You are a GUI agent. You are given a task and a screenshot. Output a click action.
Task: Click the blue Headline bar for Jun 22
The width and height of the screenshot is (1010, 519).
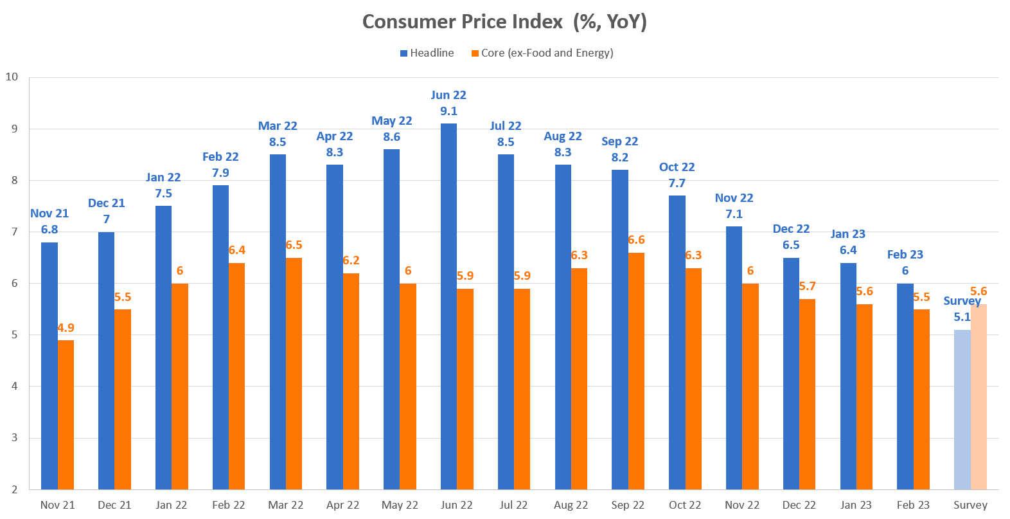click(x=448, y=306)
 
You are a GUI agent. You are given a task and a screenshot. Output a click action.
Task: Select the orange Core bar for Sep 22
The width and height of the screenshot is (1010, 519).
click(x=636, y=371)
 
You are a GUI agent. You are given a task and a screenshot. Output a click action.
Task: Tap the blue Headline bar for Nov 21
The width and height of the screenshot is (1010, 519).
click(x=49, y=366)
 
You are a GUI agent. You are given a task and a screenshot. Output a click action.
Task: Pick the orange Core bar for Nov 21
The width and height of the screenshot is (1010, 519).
click(x=66, y=415)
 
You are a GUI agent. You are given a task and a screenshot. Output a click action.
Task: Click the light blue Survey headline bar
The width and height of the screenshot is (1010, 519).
click(x=962, y=410)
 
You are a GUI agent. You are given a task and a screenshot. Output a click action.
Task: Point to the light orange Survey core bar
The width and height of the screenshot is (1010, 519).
click(x=979, y=397)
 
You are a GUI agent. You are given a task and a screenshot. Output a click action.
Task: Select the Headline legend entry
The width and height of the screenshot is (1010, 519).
click(x=427, y=53)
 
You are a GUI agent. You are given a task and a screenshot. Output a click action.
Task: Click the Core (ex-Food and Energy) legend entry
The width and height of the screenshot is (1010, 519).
click(x=543, y=53)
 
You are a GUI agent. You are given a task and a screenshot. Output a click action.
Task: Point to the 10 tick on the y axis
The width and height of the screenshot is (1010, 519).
click(x=12, y=77)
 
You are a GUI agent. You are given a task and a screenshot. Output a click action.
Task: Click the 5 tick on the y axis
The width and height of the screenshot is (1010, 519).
click(x=14, y=335)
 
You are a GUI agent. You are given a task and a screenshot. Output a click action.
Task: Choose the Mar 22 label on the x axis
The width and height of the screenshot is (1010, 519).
click(x=286, y=505)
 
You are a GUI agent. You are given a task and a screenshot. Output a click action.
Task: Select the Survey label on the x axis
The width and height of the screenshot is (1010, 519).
click(x=970, y=505)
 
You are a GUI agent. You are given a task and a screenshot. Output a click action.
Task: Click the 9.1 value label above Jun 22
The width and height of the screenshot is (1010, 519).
click(x=448, y=111)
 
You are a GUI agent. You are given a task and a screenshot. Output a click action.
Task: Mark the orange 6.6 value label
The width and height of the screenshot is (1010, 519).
click(x=636, y=240)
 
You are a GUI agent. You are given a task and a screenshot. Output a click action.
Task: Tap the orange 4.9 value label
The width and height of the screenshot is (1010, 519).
click(x=66, y=328)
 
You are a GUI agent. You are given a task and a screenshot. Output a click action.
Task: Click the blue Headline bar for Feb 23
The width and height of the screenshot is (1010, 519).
click(x=905, y=387)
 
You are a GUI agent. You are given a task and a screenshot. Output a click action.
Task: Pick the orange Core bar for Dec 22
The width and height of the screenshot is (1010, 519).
click(x=807, y=394)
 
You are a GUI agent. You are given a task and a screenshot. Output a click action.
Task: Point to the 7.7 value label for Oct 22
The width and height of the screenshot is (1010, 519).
click(x=677, y=183)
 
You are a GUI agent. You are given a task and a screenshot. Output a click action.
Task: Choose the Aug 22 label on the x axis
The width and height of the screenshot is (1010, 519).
click(x=571, y=505)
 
